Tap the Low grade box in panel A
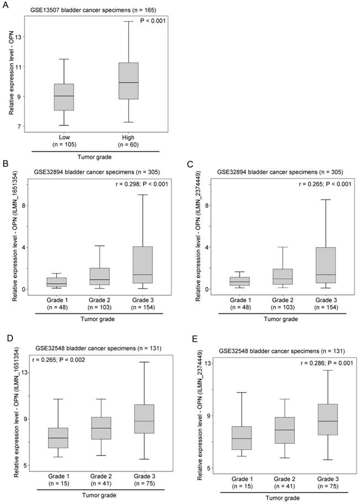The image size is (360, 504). point(64,97)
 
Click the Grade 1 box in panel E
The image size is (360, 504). point(241,438)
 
